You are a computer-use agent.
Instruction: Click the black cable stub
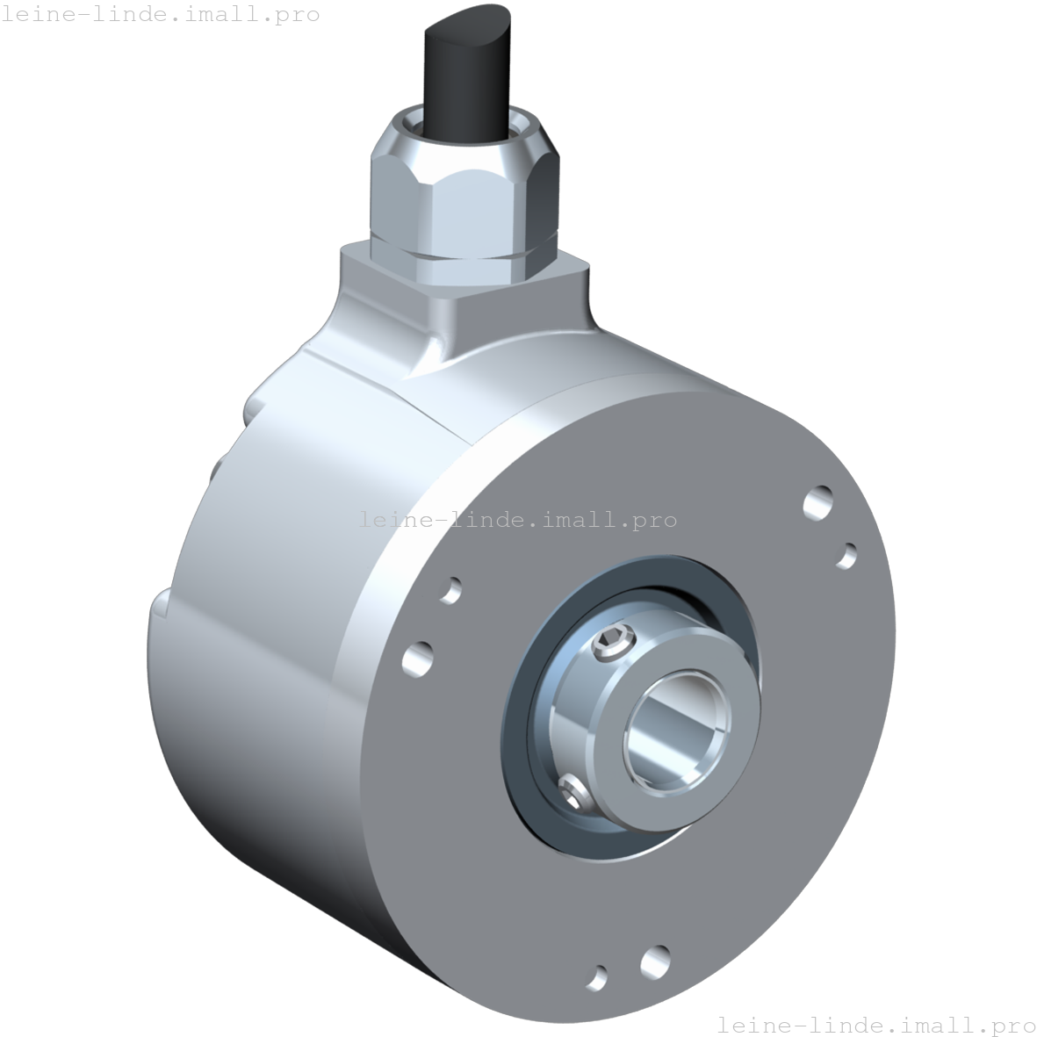click(x=468, y=73)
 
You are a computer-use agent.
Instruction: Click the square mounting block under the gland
click(x=464, y=291)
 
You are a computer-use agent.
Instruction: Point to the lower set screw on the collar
click(x=573, y=792)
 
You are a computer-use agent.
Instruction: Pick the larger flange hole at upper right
click(x=818, y=503)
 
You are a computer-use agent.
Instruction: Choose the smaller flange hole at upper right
click(x=846, y=556)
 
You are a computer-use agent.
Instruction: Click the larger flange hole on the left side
click(x=418, y=659)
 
